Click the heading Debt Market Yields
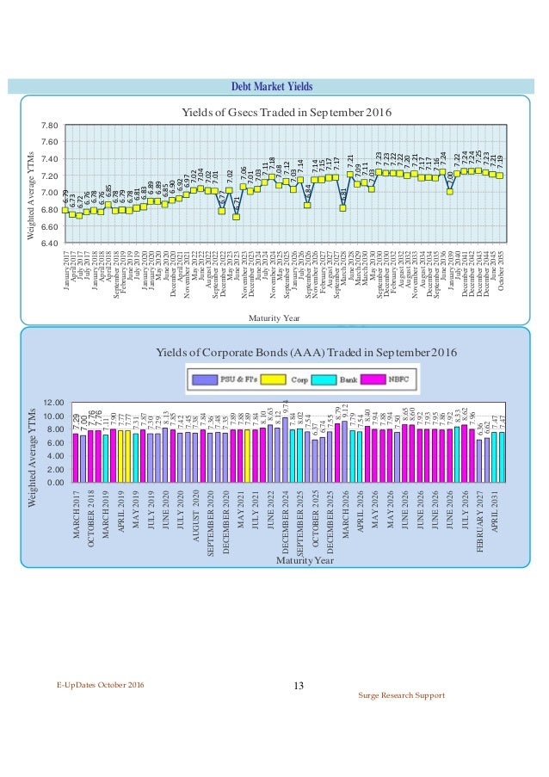pos(274,87)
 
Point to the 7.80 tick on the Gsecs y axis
pos(48,125)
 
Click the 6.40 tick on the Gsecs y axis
pos(48,244)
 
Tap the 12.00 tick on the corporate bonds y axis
pos(52,403)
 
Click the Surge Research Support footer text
pos(402,694)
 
